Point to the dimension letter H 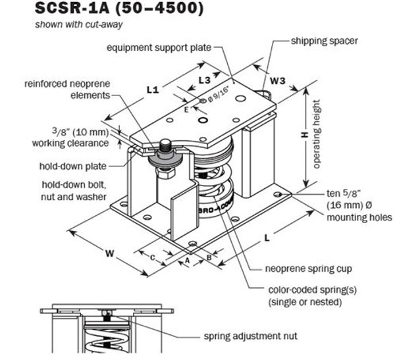coord(304,134)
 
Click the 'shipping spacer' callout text coord(324,41)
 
